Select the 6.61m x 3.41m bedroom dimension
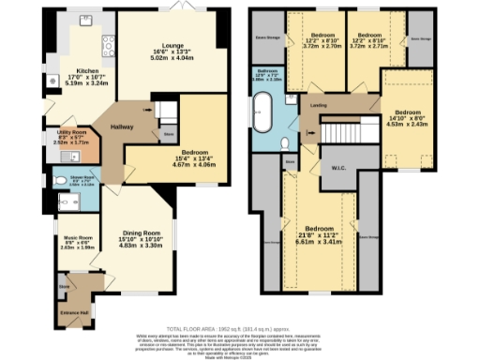pyautogui.click(x=319, y=240)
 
